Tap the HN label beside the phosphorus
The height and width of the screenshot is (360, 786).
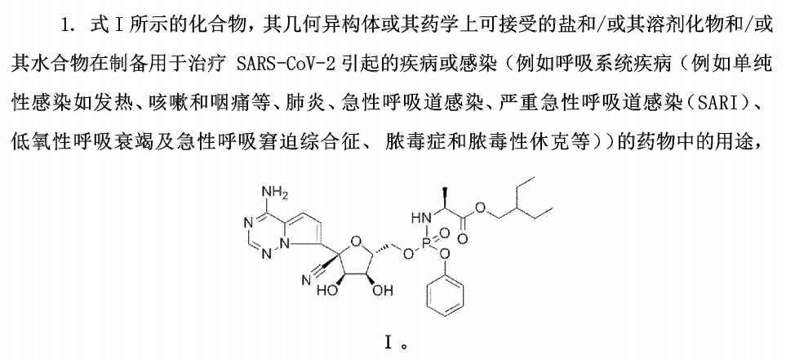pos(420,218)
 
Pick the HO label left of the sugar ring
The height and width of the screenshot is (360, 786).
pos(327,291)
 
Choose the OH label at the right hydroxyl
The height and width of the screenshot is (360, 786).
pos(383,291)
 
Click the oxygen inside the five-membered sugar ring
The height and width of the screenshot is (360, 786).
pos(357,245)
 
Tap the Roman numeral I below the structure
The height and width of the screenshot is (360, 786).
pos(388,343)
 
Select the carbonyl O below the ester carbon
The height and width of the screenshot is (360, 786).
pos(464,239)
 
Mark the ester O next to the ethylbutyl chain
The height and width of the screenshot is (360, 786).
pos(481,207)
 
